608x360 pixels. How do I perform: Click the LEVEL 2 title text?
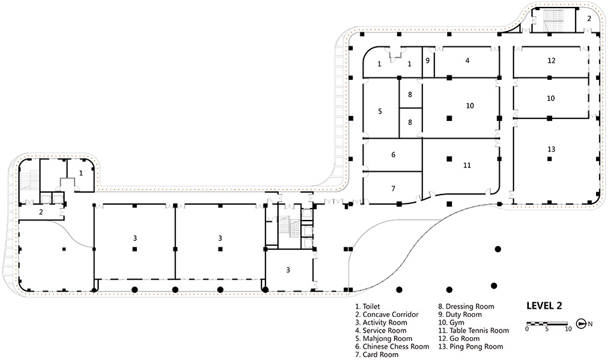pyautogui.click(x=544, y=305)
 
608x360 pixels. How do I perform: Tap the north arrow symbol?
pyautogui.click(x=581, y=323)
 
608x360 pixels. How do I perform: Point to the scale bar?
pyautogui.click(x=547, y=323)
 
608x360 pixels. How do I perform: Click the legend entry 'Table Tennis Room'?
pyautogui.click(x=474, y=330)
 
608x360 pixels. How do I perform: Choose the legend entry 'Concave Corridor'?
pyautogui.click(x=386, y=314)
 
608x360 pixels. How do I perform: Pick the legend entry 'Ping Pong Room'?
pyautogui.click(x=471, y=347)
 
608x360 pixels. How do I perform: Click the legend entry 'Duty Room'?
pyautogui.click(x=460, y=314)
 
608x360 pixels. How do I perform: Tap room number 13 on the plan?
pyautogui.click(x=552, y=150)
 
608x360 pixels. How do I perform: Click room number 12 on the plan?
pyautogui.click(x=552, y=60)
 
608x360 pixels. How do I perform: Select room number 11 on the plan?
pyautogui.click(x=467, y=165)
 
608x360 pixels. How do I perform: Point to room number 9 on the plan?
pyautogui.click(x=427, y=60)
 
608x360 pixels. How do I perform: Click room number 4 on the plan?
pyautogui.click(x=467, y=60)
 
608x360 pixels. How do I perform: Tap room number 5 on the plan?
pyautogui.click(x=380, y=112)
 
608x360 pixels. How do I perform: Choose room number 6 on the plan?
pyautogui.click(x=393, y=155)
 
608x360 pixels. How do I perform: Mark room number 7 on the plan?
pyautogui.click(x=393, y=188)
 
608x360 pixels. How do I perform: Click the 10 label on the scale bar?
pyautogui.click(x=568, y=329)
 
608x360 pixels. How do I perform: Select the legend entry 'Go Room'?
pyautogui.click(x=459, y=338)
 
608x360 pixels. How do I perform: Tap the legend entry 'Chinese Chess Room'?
pyautogui.click(x=392, y=347)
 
